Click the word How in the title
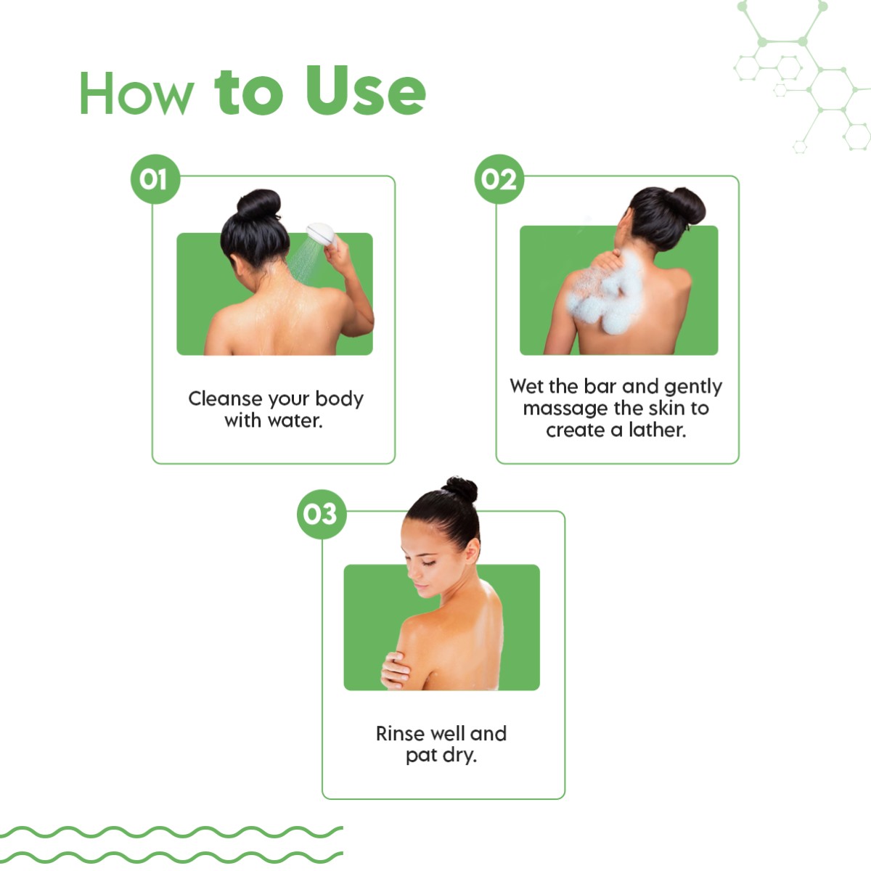137,94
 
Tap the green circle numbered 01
155,179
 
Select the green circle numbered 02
499,179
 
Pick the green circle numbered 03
322,514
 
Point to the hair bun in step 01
258,204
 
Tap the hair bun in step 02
684,205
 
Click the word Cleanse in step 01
224,398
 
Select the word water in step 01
295,421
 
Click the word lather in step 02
657,430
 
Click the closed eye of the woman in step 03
428,563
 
